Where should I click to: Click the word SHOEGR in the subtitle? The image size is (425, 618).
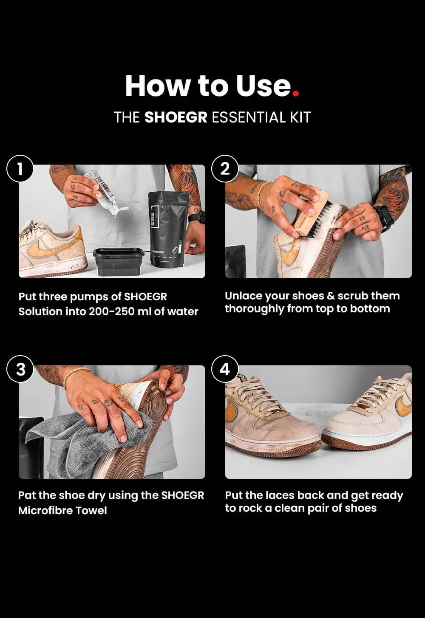click(176, 117)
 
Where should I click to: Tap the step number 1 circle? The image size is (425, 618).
click(20, 169)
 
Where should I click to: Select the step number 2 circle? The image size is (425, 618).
click(225, 169)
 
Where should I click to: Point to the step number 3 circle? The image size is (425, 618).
click(20, 370)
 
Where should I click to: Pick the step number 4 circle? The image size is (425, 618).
click(225, 369)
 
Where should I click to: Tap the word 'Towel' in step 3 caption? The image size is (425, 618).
click(91, 510)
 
